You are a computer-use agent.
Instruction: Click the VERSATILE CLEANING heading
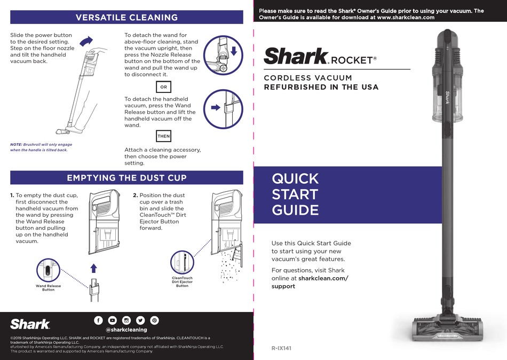tap(126, 17)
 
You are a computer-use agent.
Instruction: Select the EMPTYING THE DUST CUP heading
tap(126, 177)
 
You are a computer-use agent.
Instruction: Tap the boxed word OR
tap(163, 87)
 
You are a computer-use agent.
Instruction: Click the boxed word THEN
tap(163, 136)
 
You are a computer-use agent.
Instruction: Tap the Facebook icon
tap(98, 320)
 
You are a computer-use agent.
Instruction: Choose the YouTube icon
tap(112, 320)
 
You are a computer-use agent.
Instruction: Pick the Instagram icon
tap(126, 320)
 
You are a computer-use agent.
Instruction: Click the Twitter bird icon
tap(140, 320)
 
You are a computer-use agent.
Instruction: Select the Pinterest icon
tap(154, 320)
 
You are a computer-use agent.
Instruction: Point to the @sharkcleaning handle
tap(126, 330)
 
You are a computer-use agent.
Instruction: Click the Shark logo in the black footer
tap(30, 324)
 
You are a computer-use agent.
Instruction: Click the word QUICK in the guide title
tap(295, 178)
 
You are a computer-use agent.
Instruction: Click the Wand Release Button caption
tap(48, 288)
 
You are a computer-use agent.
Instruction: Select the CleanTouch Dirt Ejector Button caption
tap(182, 282)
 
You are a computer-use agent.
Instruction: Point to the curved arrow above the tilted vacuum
tap(85, 41)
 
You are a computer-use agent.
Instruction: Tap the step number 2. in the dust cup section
tap(136, 195)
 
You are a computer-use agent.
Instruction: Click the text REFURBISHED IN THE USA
tap(321, 87)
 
